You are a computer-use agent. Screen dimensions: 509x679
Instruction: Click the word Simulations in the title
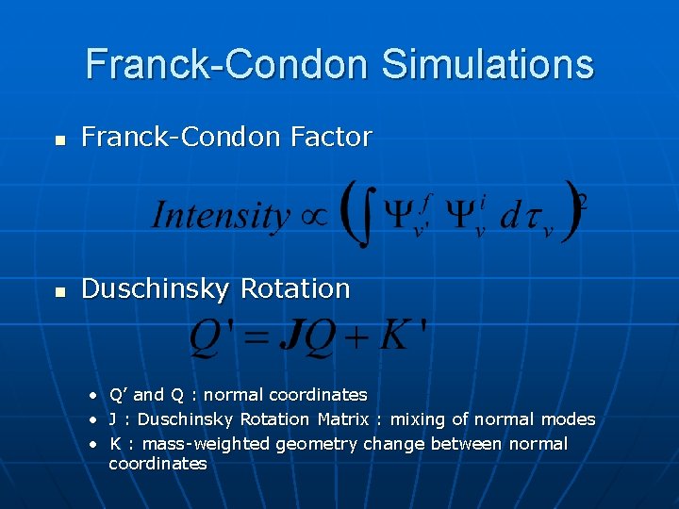[488, 64]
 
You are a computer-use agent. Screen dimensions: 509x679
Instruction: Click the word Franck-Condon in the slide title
[228, 64]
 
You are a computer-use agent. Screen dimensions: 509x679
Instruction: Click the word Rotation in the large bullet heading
[295, 288]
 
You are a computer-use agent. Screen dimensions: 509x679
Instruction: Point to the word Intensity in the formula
[220, 215]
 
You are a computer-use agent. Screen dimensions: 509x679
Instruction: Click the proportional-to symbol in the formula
[313, 216]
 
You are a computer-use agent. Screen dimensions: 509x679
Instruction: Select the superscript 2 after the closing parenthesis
[584, 200]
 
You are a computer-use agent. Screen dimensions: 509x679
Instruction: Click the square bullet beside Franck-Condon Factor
[60, 140]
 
